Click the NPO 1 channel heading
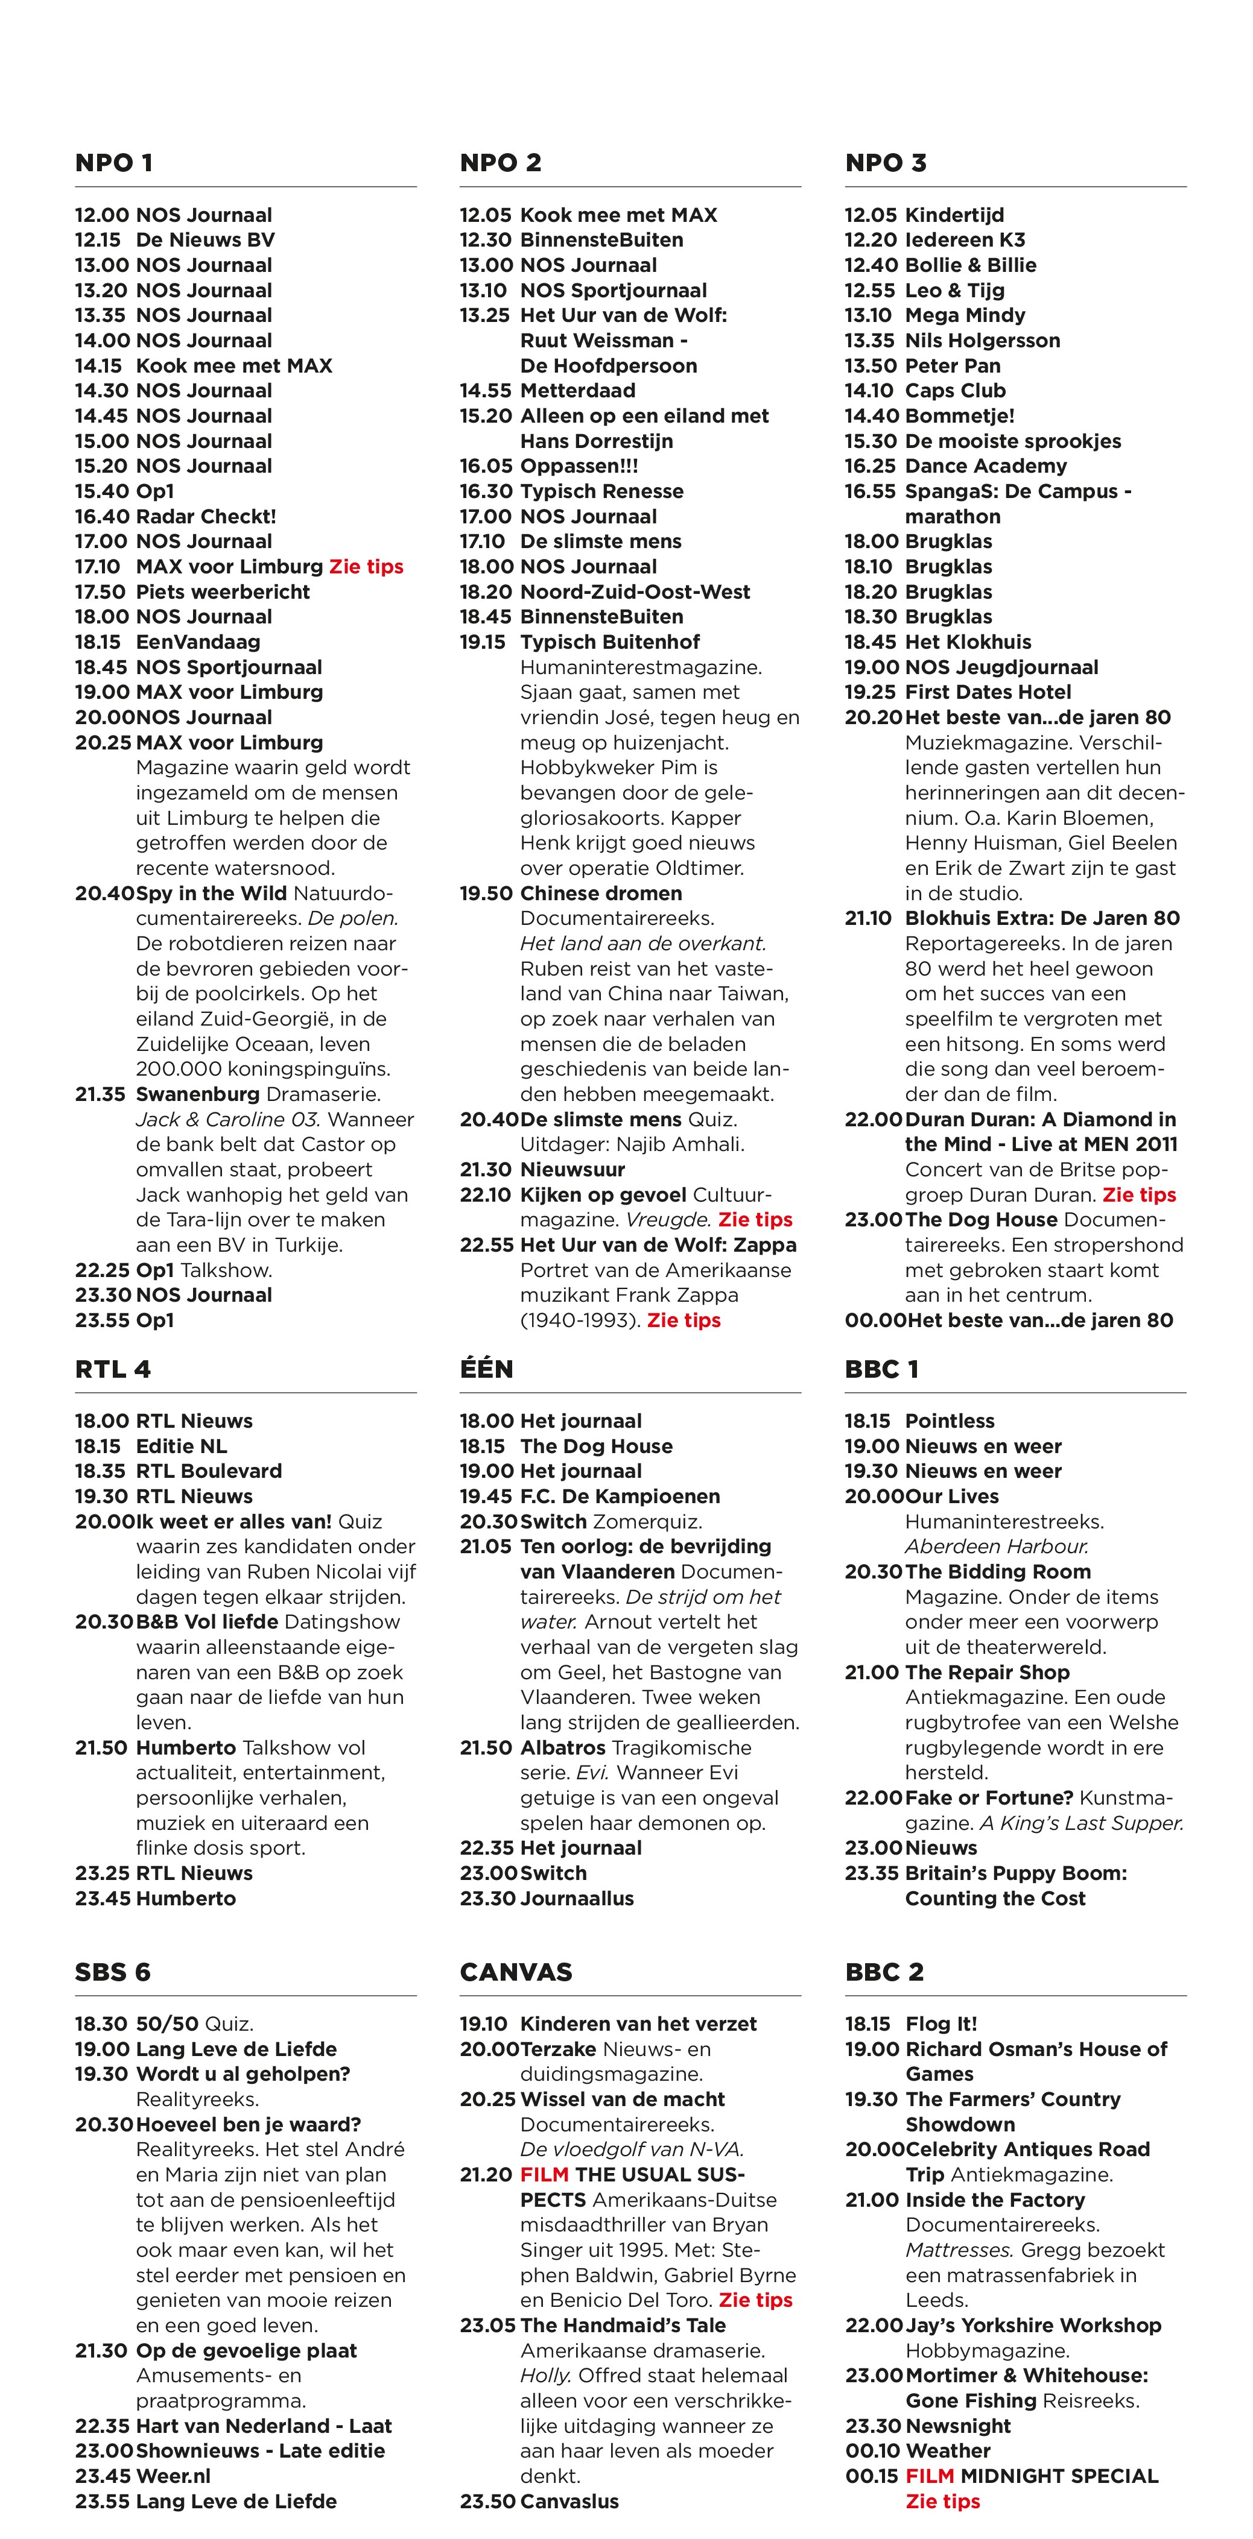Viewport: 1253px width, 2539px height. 113,163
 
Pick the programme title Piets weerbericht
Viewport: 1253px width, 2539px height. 222,591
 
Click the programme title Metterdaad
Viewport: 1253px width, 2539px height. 578,390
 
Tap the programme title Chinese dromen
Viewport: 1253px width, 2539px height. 600,893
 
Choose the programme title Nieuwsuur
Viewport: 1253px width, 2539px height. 572,1170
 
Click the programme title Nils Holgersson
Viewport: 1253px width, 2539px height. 982,340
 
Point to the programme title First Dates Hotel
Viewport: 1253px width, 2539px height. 988,692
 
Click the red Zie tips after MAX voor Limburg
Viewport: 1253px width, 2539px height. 366,567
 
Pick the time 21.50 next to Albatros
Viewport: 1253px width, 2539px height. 486,1747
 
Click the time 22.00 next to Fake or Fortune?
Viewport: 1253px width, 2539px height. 872,1798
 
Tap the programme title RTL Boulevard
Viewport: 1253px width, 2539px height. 208,1471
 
